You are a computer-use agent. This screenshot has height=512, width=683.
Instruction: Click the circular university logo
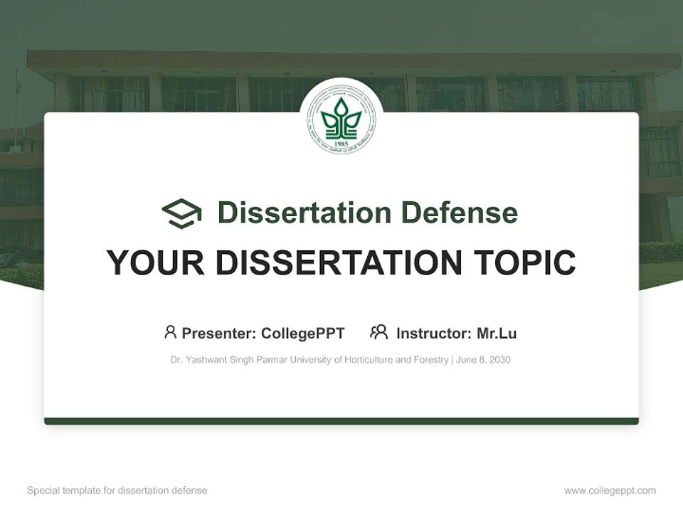tap(341, 119)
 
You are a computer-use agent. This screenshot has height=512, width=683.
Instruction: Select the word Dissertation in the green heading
tap(304, 213)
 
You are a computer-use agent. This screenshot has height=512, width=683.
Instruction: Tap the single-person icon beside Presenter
tap(170, 332)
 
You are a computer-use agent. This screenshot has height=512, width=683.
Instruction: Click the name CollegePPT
tap(303, 334)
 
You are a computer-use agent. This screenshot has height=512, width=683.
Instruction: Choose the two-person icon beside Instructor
tap(379, 332)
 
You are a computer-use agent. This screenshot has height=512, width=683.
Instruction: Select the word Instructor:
tap(433, 334)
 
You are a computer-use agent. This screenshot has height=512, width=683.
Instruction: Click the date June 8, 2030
tap(483, 360)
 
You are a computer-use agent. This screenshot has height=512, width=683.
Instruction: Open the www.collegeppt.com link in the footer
tap(610, 491)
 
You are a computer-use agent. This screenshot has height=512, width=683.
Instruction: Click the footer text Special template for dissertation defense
tap(117, 491)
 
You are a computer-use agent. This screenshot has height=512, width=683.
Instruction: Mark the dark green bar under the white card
tap(341, 421)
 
